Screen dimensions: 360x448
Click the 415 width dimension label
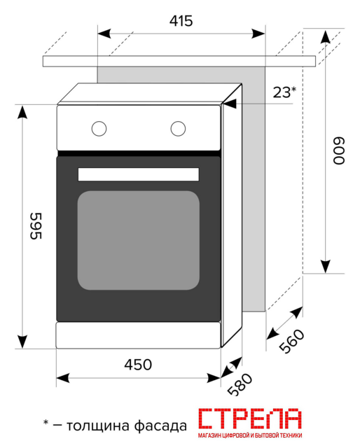(181, 21)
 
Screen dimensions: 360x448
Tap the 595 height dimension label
(36, 225)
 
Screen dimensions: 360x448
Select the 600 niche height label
(339, 151)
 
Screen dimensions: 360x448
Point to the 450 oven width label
(138, 365)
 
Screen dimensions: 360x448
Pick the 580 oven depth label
(240, 384)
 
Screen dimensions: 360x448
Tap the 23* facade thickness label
(284, 92)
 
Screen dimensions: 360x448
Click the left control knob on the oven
(99, 129)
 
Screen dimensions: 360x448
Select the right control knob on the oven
(178, 129)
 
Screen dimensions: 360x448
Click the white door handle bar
(139, 174)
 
